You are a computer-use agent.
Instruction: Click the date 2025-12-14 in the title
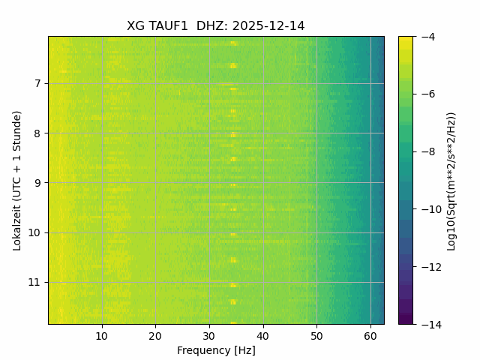(268, 26)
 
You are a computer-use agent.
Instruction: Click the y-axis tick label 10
(34, 232)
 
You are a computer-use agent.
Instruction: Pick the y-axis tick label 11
(34, 283)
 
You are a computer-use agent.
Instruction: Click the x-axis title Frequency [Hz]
(216, 350)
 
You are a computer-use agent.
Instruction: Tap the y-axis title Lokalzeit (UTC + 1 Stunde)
(16, 180)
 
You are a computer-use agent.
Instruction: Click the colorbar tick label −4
(427, 37)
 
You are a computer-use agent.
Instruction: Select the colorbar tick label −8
(427, 151)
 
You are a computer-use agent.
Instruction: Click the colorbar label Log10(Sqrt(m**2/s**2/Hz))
(451, 180)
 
